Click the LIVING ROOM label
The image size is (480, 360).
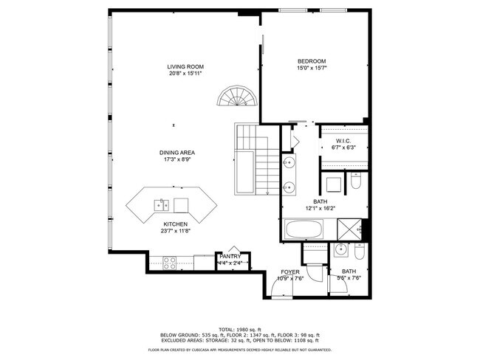tap(184, 66)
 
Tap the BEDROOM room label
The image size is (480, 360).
tap(311, 61)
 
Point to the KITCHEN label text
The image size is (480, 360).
tap(175, 224)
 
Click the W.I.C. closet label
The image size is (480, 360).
tap(343, 140)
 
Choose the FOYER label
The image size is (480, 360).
tap(289, 272)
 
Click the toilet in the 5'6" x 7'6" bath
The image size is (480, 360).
tap(359, 254)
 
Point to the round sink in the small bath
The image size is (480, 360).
tap(342, 252)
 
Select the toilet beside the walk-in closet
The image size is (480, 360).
tap(354, 181)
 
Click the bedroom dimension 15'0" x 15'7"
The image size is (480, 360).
tap(311, 69)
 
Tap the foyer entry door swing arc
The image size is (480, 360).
tap(281, 290)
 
